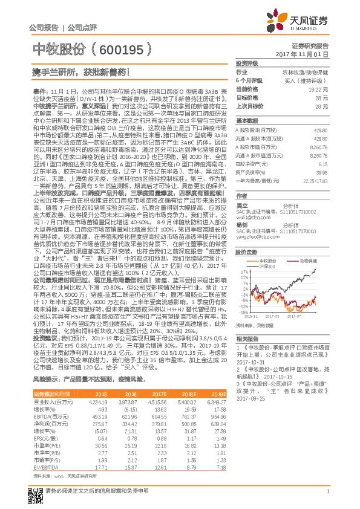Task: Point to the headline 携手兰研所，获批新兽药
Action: click(79, 71)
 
